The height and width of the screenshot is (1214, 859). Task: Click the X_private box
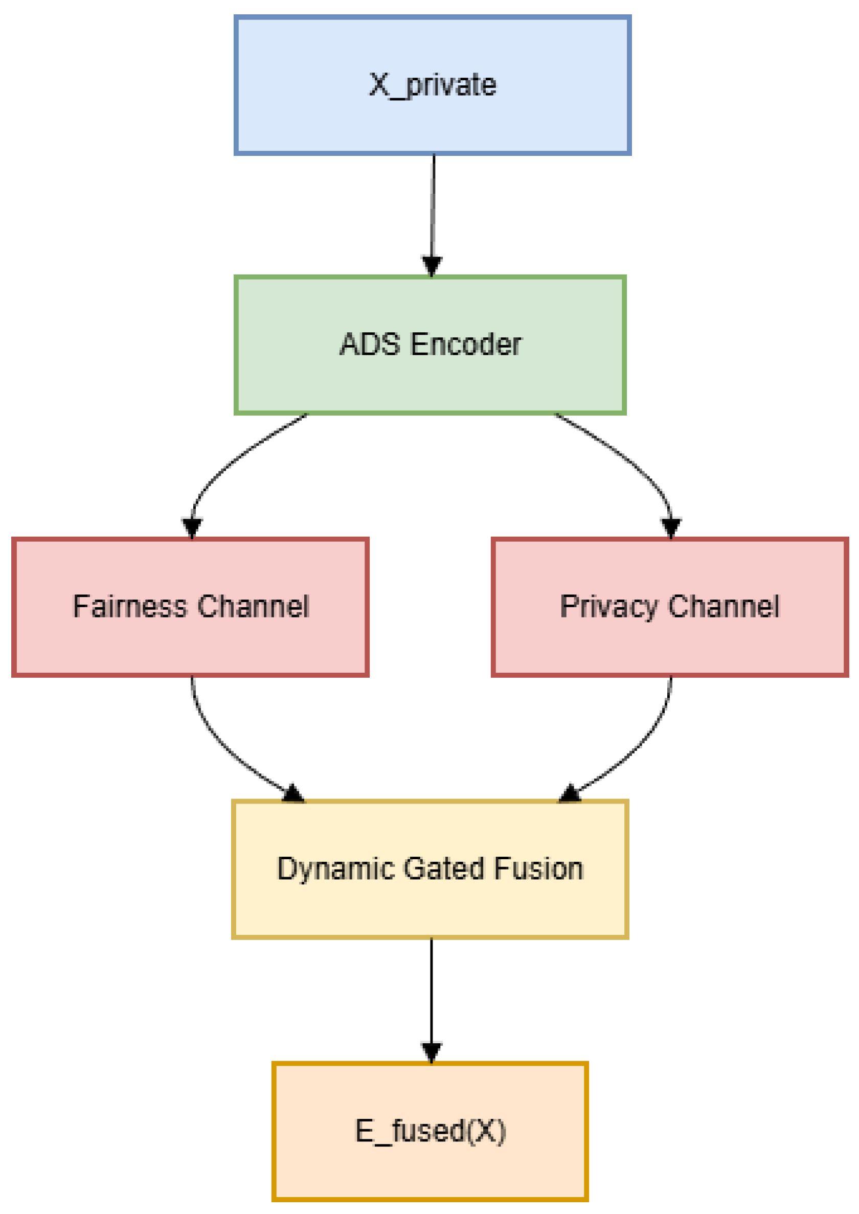click(433, 85)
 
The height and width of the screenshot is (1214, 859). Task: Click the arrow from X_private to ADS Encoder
click(433, 212)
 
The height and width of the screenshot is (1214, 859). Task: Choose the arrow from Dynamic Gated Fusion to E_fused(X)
click(431, 994)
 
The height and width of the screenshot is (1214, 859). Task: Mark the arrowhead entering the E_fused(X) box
click(431, 1051)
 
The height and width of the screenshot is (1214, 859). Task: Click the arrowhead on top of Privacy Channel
click(671, 527)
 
